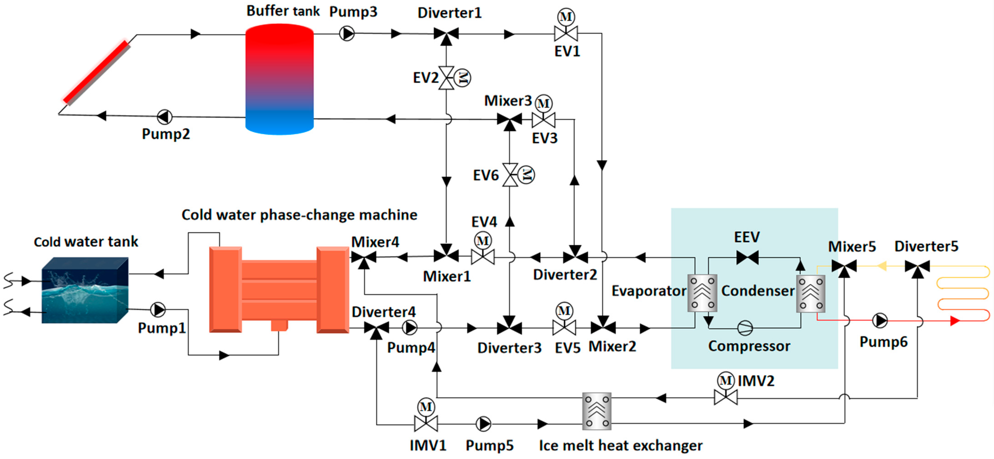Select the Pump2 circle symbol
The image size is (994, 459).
[165, 116]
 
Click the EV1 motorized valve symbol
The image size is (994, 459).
[566, 33]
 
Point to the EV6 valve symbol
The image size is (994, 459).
[510, 175]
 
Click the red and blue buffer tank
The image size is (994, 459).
[279, 79]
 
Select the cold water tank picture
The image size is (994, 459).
[85, 290]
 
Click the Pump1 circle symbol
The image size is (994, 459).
[157, 309]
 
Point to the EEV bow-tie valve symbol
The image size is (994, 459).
[747, 257]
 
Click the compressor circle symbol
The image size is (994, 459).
[745, 328]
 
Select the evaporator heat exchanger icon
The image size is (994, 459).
[702, 293]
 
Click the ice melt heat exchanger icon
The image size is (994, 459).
[597, 411]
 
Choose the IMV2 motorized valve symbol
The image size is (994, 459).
[725, 397]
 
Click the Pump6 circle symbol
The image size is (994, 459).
[880, 320]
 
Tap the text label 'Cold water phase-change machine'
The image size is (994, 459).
[300, 215]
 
